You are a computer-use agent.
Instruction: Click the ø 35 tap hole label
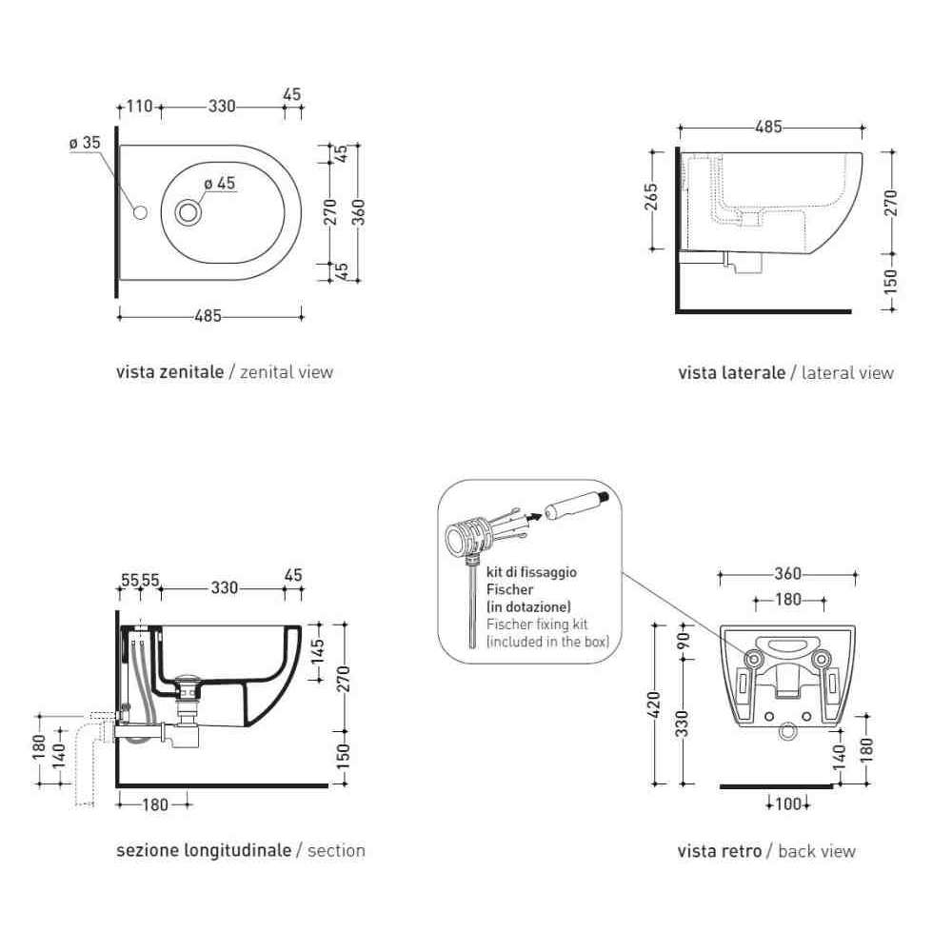(85, 143)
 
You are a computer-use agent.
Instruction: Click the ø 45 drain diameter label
(220, 183)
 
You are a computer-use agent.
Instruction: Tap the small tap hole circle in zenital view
(140, 212)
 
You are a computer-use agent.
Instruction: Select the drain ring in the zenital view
(188, 212)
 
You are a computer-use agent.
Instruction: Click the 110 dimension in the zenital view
(139, 107)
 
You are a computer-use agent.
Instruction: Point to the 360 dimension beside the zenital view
(359, 212)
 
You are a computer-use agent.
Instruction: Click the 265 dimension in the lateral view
(651, 197)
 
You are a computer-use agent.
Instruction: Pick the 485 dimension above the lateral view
(768, 128)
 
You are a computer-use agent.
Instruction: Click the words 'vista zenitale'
(170, 371)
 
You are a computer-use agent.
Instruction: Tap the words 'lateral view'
(847, 373)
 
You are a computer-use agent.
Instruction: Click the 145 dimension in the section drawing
(318, 652)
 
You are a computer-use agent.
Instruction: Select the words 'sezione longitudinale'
(204, 850)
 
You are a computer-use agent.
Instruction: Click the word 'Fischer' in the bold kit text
(509, 589)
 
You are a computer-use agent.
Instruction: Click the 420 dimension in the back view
(655, 704)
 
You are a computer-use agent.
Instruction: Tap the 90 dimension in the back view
(684, 640)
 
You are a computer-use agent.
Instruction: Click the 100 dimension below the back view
(788, 803)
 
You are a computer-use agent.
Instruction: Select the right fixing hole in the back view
(821, 658)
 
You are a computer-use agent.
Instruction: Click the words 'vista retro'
(720, 851)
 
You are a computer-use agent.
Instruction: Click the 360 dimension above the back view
(788, 574)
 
